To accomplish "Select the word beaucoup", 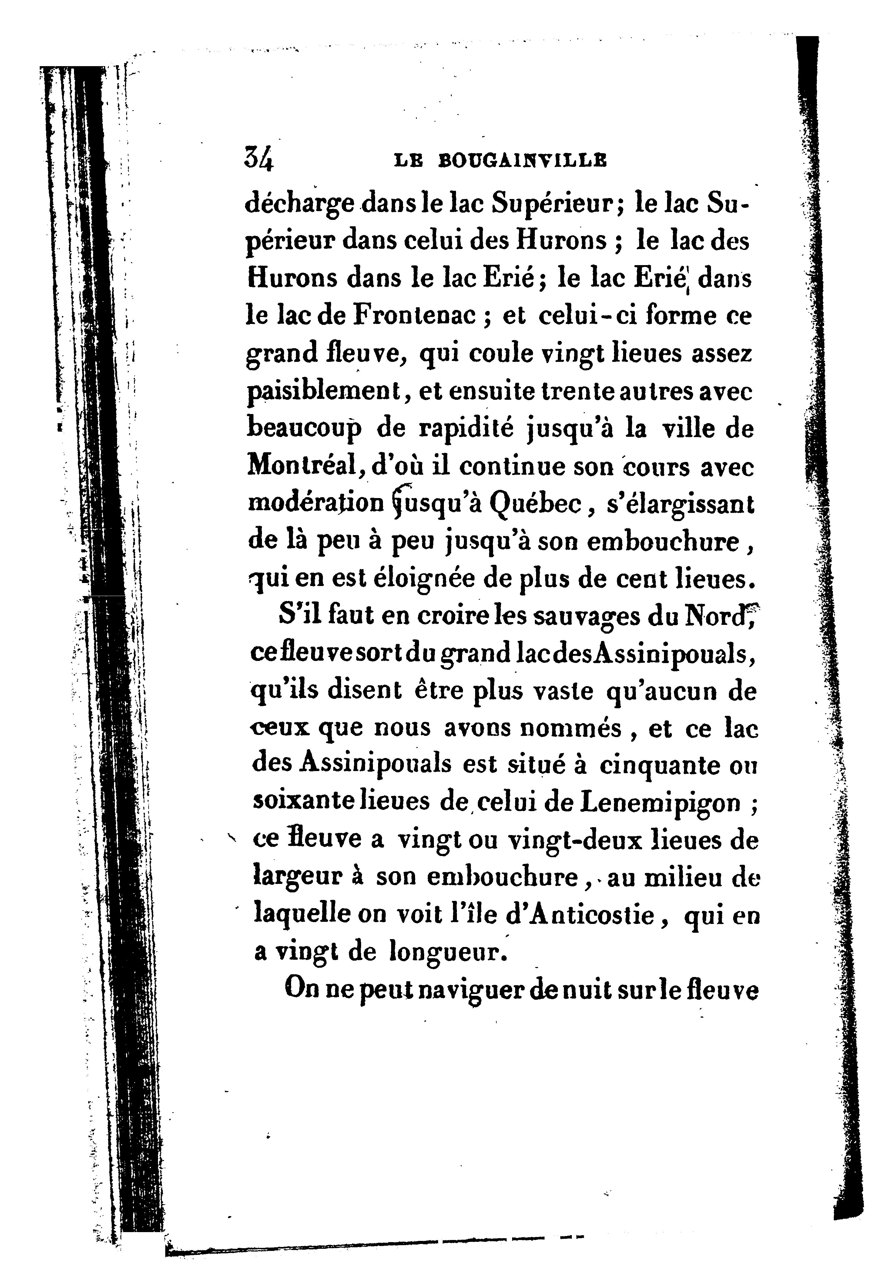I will (x=305, y=430).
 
